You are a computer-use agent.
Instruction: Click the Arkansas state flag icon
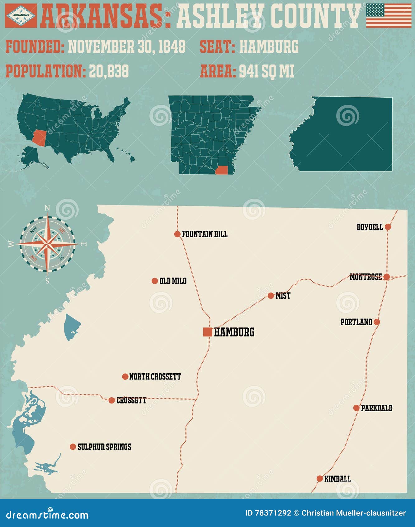[x=21, y=15]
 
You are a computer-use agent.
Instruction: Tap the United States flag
[x=389, y=16]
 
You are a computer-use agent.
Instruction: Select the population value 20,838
[x=109, y=71]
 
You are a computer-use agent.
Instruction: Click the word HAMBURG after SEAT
[x=269, y=47]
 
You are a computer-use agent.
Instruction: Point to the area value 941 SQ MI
[x=266, y=71]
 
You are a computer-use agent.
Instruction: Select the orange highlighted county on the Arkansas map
[x=222, y=170]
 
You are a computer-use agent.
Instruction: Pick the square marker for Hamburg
[x=208, y=332]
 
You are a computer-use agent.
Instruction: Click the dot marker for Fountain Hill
[x=177, y=234]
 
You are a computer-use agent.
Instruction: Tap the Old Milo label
[x=173, y=281]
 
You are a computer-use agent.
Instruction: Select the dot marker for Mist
[x=271, y=296]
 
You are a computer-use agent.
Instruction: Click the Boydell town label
[x=370, y=227]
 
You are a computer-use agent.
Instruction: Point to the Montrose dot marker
[x=387, y=277]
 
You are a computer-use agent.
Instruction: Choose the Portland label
[x=356, y=322]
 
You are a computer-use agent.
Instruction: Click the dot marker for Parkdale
[x=356, y=408]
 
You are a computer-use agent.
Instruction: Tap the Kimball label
[x=337, y=479]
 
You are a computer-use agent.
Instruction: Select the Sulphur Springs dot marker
[x=73, y=447]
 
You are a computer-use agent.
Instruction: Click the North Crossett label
[x=155, y=377]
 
